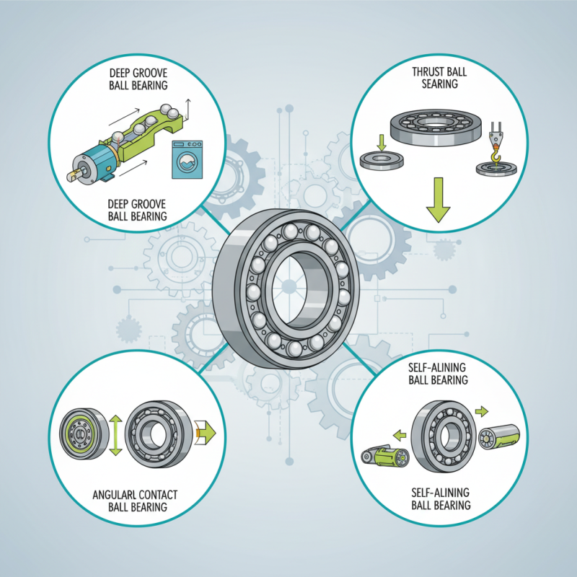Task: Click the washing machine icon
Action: pyautogui.click(x=186, y=159)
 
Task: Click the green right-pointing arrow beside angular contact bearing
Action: pyautogui.click(x=206, y=433)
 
